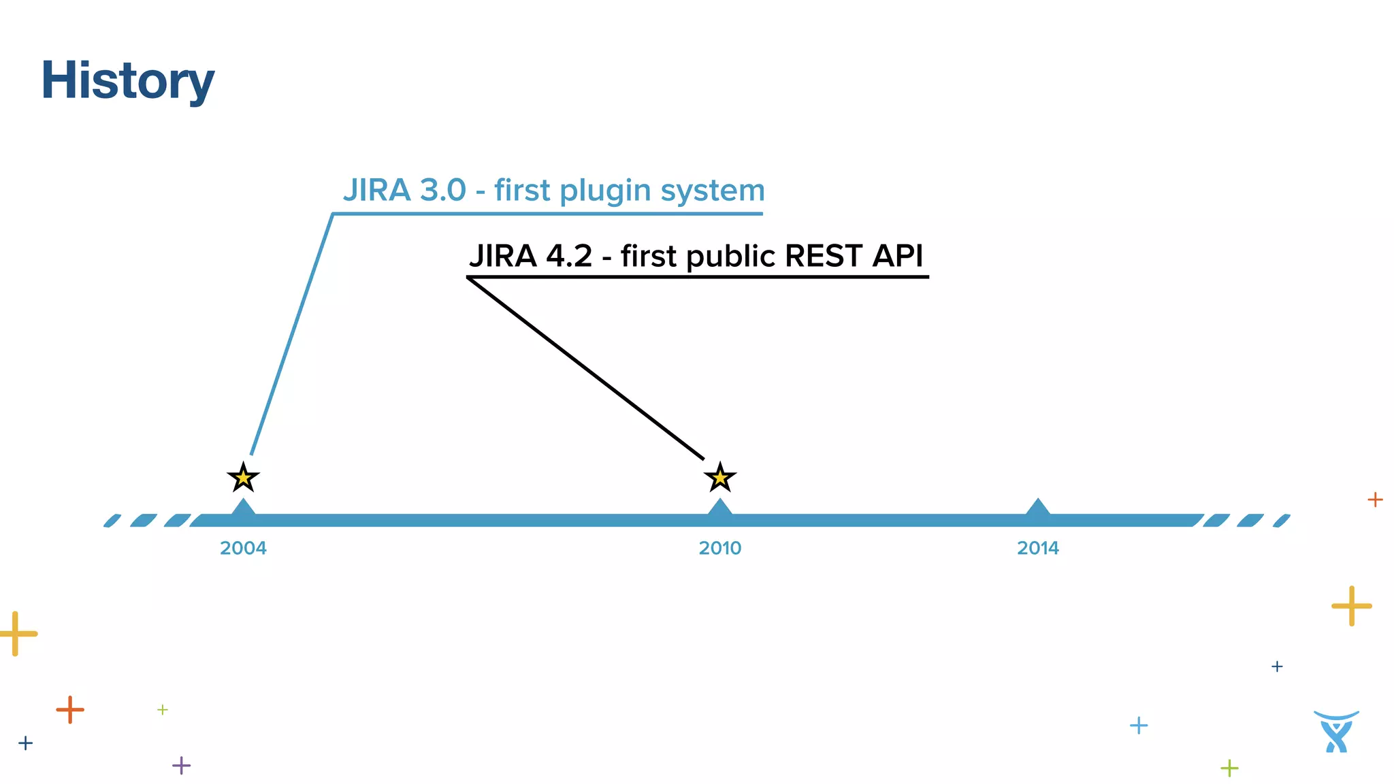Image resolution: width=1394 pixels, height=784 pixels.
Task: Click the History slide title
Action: click(127, 80)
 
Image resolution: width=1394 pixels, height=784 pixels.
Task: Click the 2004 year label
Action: click(243, 548)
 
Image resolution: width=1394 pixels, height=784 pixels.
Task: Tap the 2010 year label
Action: click(719, 548)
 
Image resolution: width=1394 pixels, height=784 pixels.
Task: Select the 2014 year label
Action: click(1037, 548)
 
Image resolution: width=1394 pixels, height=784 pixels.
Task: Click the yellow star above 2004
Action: click(243, 478)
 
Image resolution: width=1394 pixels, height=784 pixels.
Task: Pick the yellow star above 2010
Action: click(719, 478)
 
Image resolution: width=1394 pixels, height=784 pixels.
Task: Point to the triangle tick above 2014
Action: click(1037, 508)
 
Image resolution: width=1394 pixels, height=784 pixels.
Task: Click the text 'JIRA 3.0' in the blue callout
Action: click(404, 190)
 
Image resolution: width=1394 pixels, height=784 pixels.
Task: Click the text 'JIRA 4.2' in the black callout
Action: click(530, 256)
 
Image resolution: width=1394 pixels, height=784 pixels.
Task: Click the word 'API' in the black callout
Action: click(898, 256)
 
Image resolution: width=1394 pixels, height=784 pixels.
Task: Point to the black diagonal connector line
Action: click(585, 368)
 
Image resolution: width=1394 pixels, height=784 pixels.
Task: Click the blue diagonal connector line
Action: click(291, 333)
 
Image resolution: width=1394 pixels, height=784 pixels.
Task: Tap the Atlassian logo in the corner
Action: click(1336, 732)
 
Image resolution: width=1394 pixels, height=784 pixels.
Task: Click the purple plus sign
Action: click(181, 765)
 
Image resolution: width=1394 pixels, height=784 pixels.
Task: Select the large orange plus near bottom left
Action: click(70, 710)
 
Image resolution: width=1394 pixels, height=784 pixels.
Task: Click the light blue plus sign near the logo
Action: click(1138, 725)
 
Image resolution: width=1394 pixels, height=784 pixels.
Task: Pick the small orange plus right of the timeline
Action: click(1375, 500)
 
